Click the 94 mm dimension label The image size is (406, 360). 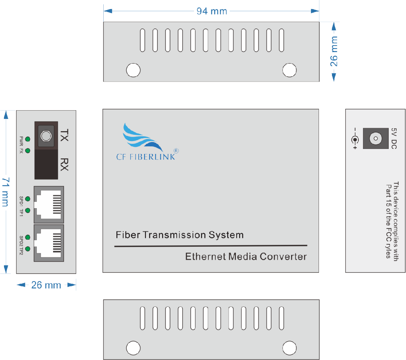pyautogui.click(x=212, y=11)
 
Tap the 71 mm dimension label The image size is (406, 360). pyautogui.click(x=6, y=192)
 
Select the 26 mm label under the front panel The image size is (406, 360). pyautogui.click(x=46, y=285)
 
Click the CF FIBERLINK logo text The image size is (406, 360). pyautogui.click(x=146, y=157)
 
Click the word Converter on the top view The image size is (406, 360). pyautogui.click(x=283, y=257)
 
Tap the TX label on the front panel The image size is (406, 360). pyautogui.click(x=64, y=135)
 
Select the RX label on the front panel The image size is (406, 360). pyautogui.click(x=64, y=164)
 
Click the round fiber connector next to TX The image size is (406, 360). pyautogui.click(x=46, y=136)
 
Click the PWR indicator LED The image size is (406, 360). pyautogui.click(x=28, y=139)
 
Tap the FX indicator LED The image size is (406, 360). pyautogui.click(x=28, y=151)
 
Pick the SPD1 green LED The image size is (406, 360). pyautogui.click(x=28, y=199)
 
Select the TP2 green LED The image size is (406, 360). pyautogui.click(x=28, y=249)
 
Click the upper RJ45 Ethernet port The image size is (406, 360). pyautogui.click(x=49, y=205)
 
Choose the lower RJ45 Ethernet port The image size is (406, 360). pyautogui.click(x=49, y=243)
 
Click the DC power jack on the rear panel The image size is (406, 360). pyautogui.click(x=376, y=138)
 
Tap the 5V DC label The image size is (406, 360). pyautogui.click(x=394, y=138)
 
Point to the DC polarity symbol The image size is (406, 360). pyautogui.click(x=355, y=139)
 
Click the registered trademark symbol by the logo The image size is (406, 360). pyautogui.click(x=176, y=151)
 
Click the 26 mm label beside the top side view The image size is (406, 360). pyautogui.click(x=334, y=51)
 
